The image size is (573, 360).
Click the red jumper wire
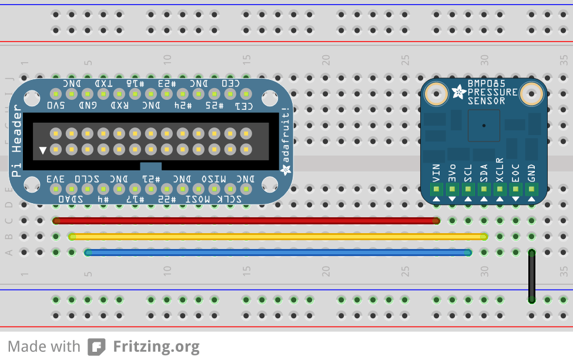click(247, 221)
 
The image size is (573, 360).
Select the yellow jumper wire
click(276, 237)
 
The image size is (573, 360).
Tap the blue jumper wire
click(276, 253)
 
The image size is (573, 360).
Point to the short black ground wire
click(531, 276)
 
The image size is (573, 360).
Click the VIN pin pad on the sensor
click(437, 189)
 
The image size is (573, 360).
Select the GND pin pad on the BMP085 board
click(531, 189)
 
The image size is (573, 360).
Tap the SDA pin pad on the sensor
click(484, 189)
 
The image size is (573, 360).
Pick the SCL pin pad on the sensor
click(468, 189)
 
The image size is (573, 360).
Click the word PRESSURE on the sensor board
click(492, 92)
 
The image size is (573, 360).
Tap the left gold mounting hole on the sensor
click(437, 93)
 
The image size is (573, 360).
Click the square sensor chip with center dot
click(484, 125)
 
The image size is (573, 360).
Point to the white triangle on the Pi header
click(42, 150)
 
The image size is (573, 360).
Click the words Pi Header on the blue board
click(17, 141)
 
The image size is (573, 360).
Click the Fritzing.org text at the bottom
click(156, 346)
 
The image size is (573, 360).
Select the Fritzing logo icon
click(96, 346)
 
